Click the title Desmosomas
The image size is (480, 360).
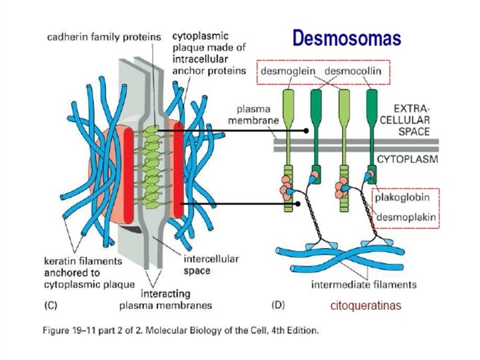pos(347,39)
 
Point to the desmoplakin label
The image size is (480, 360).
pos(403,217)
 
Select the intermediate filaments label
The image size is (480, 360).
pos(364,285)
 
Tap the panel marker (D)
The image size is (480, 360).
pos(279,305)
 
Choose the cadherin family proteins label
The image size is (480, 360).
pos(103,38)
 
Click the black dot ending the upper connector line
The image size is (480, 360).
pos(305,131)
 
